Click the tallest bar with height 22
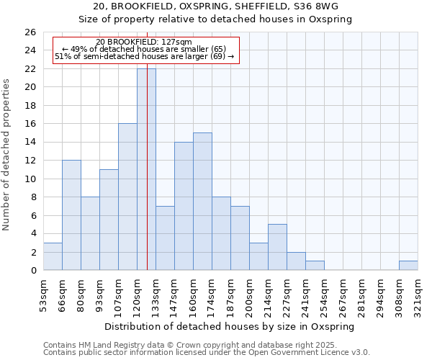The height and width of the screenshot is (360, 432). [x=146, y=169]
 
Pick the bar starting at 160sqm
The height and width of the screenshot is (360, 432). [x=202, y=201]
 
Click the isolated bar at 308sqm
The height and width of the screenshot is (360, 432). [x=408, y=266]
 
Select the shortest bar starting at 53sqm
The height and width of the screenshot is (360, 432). [x=53, y=256]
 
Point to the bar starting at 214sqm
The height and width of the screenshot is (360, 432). [x=277, y=247]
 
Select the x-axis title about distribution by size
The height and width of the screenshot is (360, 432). [x=235, y=326]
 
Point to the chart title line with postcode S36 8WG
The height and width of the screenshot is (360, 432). [x=215, y=6]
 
